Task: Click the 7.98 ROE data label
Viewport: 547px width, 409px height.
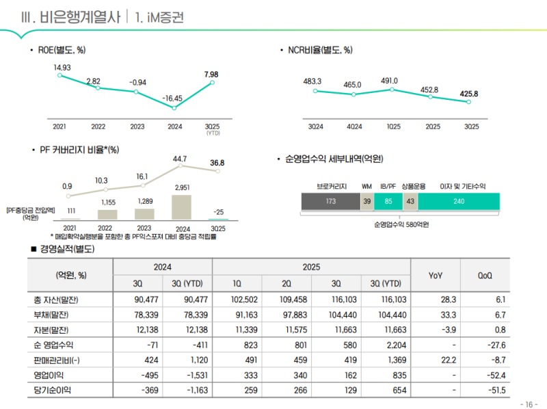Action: pyautogui.click(x=211, y=74)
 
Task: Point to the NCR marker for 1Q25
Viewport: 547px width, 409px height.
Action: pyautogui.click(x=392, y=90)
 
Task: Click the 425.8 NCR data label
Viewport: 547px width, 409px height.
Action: pyautogui.click(x=469, y=94)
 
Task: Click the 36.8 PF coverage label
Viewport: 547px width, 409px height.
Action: pyautogui.click(x=217, y=163)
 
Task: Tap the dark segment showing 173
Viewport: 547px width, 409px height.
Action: pyautogui.click(x=331, y=201)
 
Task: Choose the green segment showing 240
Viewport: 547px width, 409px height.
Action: pyautogui.click(x=458, y=201)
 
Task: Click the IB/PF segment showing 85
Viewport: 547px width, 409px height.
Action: pyautogui.click(x=388, y=201)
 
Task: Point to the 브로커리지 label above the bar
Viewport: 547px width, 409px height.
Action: pyautogui.click(x=332, y=186)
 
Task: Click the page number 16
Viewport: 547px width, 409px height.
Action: pyautogui.click(x=531, y=403)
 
